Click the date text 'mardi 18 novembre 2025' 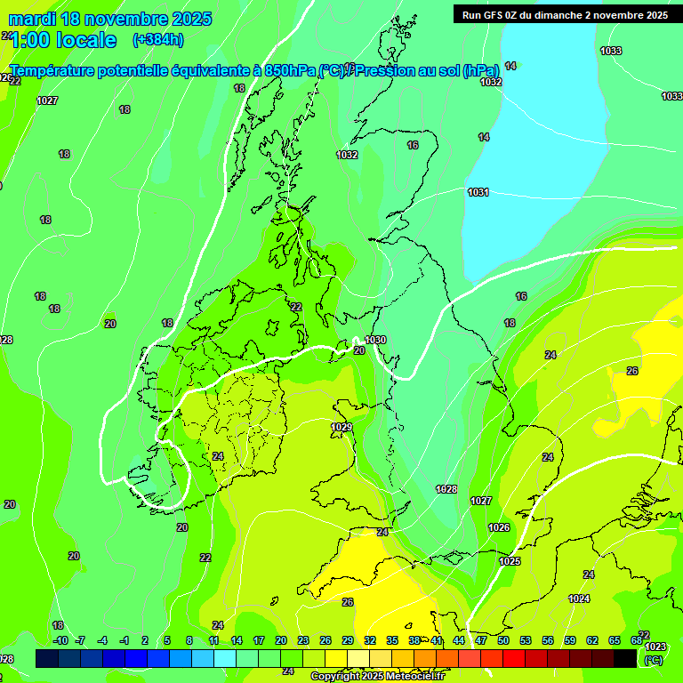pos(110,19)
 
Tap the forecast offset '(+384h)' pos(158,40)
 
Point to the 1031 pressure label pos(478,192)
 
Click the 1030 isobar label pos(375,340)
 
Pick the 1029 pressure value pos(341,428)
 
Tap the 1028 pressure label pos(446,489)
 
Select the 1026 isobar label pos(499,528)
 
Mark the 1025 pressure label pos(510,561)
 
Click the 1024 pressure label pos(579,599)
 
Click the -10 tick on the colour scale pos(60,640)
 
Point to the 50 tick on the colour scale pos(503,640)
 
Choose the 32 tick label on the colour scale pos(369,640)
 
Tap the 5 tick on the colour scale pos(167,640)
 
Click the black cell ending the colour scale pos(625,658)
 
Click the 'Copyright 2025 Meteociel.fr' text pos(376,677)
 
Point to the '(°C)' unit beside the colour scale pos(653,660)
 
